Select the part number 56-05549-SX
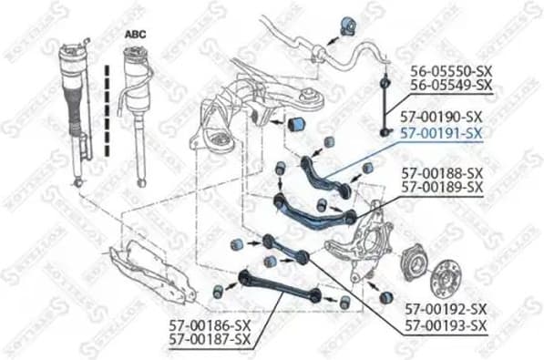451,86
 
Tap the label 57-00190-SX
443,118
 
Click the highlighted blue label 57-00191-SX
443,132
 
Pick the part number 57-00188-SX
443,171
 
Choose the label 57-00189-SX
443,186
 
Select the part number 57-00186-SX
210,324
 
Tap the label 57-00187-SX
210,339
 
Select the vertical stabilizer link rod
386,100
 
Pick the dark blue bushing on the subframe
297,123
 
